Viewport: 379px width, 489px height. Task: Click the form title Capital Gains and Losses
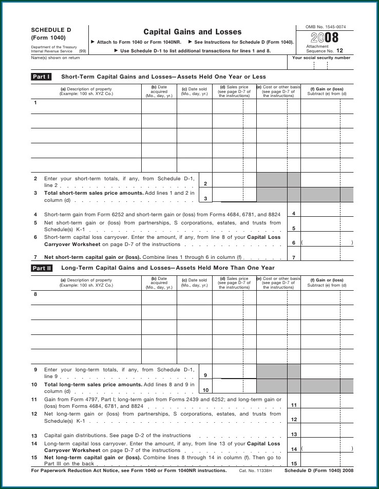pyautogui.click(x=192, y=32)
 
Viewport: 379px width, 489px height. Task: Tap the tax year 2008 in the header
pyautogui.click(x=325, y=38)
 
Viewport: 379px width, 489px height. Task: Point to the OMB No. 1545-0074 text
pyautogui.click(x=325, y=26)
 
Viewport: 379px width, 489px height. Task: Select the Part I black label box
pyautogui.click(x=42, y=77)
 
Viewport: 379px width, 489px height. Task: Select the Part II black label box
pyautogui.click(x=42, y=268)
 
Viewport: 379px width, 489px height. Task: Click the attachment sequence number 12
pyautogui.click(x=339, y=51)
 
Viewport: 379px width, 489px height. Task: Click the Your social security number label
pyautogui.click(x=321, y=58)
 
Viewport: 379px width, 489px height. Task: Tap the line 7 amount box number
pyautogui.click(x=293, y=257)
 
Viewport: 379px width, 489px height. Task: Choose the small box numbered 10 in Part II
pyautogui.click(x=205, y=390)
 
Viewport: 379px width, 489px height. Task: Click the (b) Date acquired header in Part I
pyautogui.click(x=159, y=91)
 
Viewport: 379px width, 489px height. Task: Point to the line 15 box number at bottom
pyautogui.click(x=293, y=463)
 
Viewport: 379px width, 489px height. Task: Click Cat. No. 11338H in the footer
pyautogui.click(x=255, y=471)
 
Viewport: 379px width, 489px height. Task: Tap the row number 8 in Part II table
pyautogui.click(x=35, y=294)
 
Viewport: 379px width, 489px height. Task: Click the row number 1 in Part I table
pyautogui.click(x=35, y=103)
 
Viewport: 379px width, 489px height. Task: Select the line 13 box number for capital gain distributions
pyautogui.click(x=293, y=435)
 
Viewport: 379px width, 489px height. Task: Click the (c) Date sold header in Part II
pyautogui.click(x=194, y=283)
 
